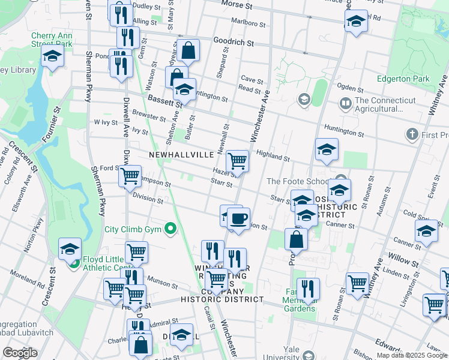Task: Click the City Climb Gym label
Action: (134, 229)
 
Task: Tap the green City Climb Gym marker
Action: (171, 228)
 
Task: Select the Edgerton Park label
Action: (403, 79)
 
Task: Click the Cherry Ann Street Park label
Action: (52, 39)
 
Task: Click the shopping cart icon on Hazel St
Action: (238, 161)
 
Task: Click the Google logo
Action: (20, 353)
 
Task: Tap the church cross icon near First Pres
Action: (411, 134)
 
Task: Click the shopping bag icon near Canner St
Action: (297, 239)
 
